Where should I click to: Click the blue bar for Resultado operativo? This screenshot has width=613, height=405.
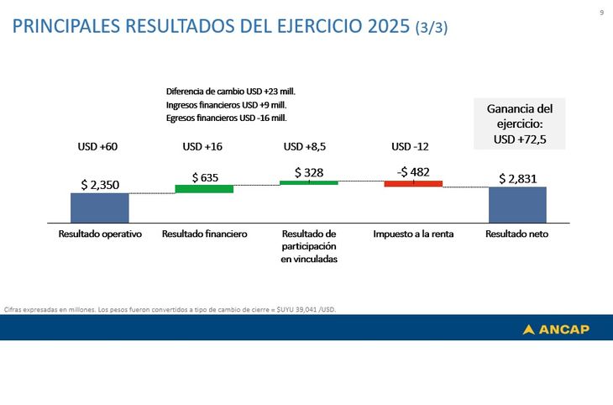[x=99, y=208]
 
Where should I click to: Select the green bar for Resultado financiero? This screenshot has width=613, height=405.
[x=204, y=189]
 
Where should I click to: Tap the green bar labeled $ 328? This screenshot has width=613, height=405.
[x=308, y=182]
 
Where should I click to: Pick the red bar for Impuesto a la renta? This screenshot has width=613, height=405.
[x=413, y=183]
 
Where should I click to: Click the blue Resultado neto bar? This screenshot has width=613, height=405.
[x=517, y=204]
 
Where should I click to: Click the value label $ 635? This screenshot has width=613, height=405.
[x=205, y=177]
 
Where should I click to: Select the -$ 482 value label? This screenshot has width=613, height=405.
[x=413, y=171]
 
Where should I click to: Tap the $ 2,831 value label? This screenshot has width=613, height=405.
[x=517, y=178]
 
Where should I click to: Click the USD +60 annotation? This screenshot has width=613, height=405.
[x=97, y=146]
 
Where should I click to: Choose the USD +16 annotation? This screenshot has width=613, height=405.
[x=202, y=146]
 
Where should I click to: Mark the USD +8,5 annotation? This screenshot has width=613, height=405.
[x=304, y=146]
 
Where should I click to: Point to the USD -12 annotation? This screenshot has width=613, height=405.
[x=410, y=146]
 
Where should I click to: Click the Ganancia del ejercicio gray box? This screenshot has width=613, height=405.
[x=520, y=124]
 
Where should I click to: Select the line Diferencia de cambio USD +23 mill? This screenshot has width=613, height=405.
[x=231, y=91]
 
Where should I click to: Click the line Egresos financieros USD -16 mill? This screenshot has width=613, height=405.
[x=227, y=118]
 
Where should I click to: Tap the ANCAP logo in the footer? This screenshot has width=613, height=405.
[x=556, y=329]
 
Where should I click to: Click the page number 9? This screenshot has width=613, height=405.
[x=601, y=12]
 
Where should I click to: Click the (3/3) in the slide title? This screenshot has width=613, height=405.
[x=432, y=27]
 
